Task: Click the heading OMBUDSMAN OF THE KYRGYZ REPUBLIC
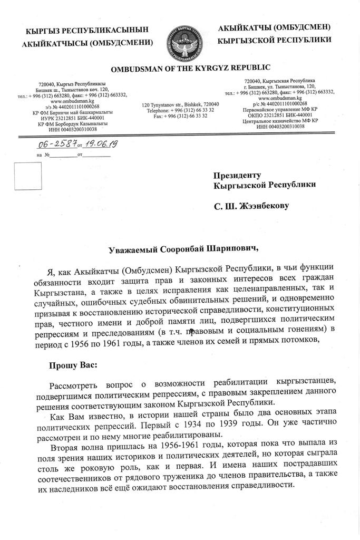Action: [x=190, y=68]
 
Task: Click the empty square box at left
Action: [x=27, y=176]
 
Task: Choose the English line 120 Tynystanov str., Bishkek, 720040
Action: [x=180, y=105]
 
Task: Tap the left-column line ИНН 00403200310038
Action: [x=73, y=129]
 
